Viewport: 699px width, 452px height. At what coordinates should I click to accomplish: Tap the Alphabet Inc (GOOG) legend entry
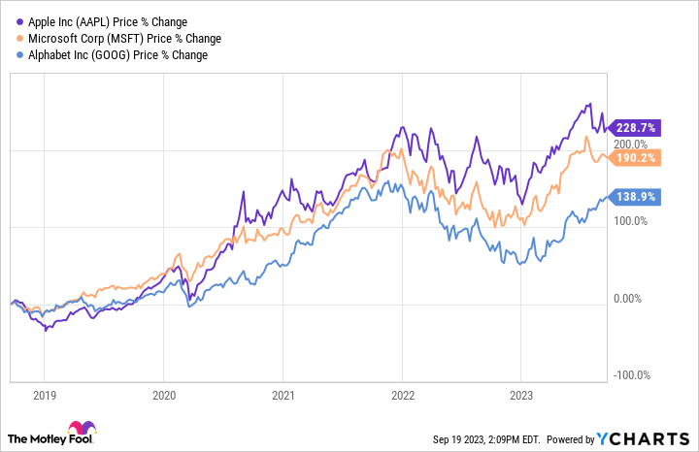pos(112,54)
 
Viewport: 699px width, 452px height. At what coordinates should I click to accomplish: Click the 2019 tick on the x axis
pos(46,396)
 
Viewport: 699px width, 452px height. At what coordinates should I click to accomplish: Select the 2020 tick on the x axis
pos(164,396)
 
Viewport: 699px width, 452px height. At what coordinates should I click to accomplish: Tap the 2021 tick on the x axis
pos(283,396)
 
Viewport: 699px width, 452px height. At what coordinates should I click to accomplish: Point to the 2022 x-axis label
pos(401,396)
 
